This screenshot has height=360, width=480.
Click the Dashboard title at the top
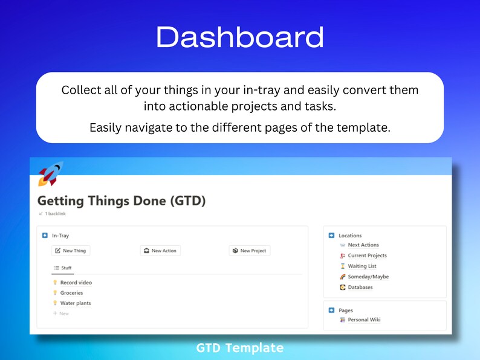click(239, 37)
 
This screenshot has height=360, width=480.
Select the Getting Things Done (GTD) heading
click(122, 201)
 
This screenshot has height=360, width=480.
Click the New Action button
click(160, 251)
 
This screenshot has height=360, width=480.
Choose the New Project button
click(249, 251)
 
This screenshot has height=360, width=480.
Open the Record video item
click(76, 283)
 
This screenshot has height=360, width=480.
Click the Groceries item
click(71, 293)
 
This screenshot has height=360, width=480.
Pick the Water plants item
click(76, 303)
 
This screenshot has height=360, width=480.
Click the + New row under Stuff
click(61, 313)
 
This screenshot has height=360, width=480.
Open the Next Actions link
click(363, 245)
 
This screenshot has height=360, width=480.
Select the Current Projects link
click(367, 256)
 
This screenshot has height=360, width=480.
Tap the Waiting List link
click(362, 266)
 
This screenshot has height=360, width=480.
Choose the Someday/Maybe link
click(368, 277)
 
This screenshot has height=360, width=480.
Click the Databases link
click(360, 288)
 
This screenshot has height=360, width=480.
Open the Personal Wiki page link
click(364, 320)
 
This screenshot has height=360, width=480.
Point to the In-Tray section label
click(60, 236)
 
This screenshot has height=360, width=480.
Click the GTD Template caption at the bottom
click(239, 348)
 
